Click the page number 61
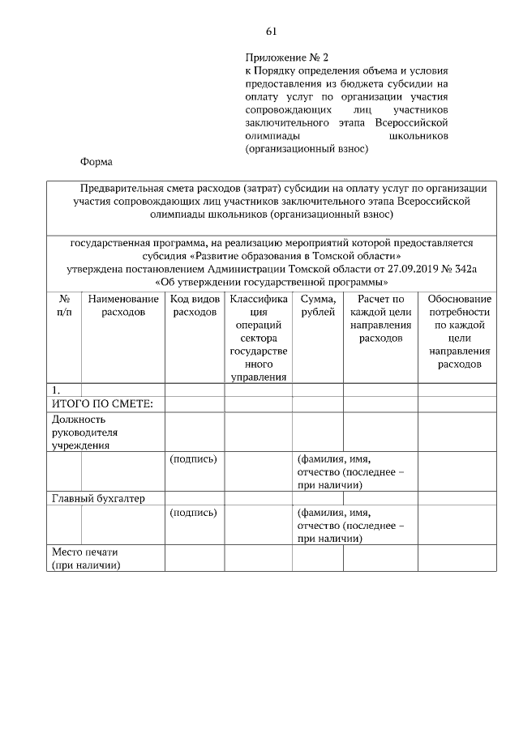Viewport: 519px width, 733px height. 271,32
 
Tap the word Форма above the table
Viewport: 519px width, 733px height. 96,161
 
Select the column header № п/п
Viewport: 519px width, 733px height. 64,305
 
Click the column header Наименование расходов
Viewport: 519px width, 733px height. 123,305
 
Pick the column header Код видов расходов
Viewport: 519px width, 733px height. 195,305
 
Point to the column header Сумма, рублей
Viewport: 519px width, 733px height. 317,305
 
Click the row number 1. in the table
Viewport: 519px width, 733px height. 56,390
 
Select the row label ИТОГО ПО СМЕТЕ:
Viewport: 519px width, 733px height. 97,404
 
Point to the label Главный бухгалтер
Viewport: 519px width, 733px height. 98,498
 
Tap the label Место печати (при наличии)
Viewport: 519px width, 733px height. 85,559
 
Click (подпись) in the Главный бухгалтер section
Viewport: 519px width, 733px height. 194,512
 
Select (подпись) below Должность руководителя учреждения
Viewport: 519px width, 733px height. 194,458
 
